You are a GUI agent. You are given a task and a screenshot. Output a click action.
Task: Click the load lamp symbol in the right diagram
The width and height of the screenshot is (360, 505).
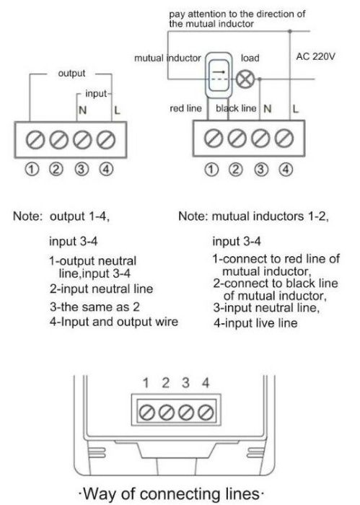coord(245,79)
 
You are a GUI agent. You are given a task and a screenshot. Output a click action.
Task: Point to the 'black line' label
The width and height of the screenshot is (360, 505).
coord(236,108)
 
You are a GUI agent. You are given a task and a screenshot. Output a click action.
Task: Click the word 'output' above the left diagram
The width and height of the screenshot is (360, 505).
coord(71,73)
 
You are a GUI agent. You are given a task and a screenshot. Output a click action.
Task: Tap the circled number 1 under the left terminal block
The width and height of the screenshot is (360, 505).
coord(30,170)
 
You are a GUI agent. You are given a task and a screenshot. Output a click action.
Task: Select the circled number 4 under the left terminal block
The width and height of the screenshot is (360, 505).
coord(106,170)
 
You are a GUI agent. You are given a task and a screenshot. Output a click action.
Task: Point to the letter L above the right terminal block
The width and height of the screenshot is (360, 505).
coord(295,108)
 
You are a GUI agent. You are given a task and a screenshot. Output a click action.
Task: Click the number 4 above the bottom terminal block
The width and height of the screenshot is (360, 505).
coord(205,384)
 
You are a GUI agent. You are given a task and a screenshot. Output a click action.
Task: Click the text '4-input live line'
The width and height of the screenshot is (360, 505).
coord(255,324)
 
